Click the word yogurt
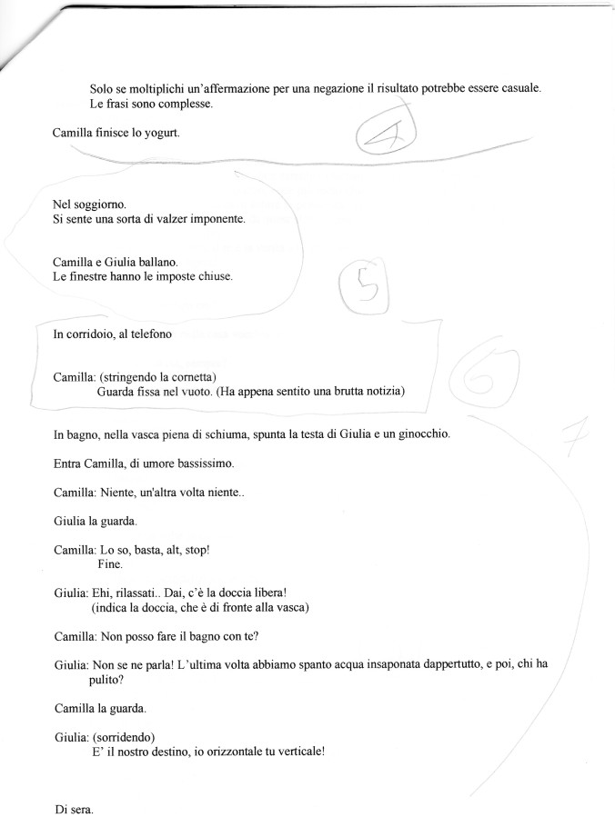[159, 134]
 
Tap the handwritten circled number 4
[385, 136]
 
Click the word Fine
[109, 564]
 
